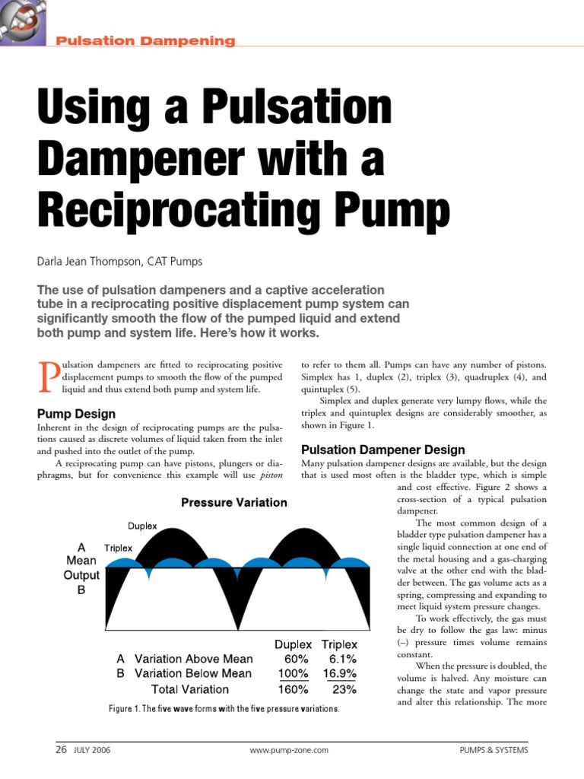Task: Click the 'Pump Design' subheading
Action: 76,414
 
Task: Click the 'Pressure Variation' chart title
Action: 233,502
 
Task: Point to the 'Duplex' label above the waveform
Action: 142,526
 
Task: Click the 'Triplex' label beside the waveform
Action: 118,547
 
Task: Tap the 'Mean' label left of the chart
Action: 81,561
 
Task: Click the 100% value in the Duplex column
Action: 293,673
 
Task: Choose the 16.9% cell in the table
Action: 338,673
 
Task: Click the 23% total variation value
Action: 344,689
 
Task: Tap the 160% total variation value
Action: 293,689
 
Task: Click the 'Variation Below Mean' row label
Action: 192,673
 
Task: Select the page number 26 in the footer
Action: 62,749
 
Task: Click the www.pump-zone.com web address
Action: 289,750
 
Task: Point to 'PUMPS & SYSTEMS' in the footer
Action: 494,750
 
